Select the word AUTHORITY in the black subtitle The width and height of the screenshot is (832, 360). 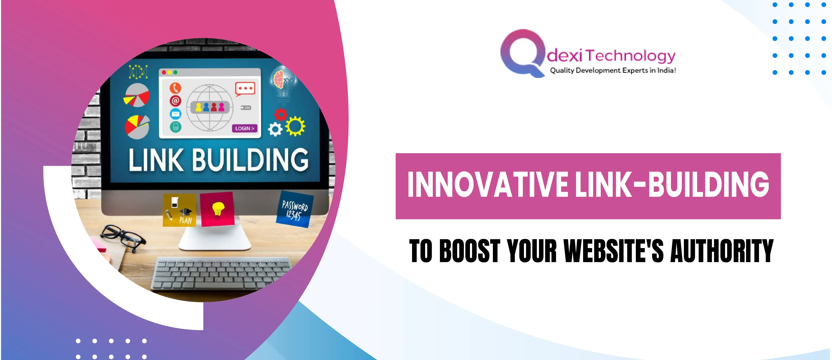click(722, 251)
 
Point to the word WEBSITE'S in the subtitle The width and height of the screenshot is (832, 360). click(614, 251)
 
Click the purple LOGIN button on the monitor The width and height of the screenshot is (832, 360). click(244, 128)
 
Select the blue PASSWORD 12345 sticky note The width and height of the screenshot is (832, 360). click(295, 209)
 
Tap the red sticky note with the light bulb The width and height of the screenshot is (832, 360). click(217, 209)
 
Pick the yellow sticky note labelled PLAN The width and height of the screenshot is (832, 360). click(180, 210)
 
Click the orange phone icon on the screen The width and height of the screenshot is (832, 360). click(175, 88)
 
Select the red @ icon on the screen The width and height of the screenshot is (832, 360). click(175, 101)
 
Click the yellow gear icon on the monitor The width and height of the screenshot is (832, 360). click(295, 126)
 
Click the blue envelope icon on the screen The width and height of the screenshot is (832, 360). click(175, 114)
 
